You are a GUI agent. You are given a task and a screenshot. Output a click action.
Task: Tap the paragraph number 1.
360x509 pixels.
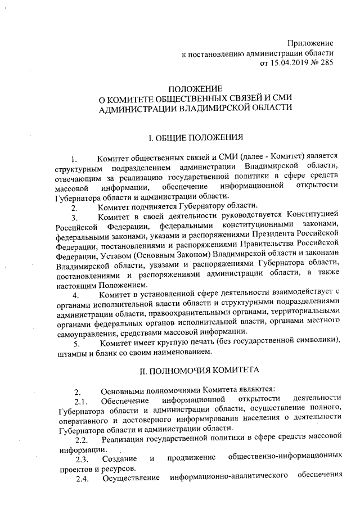click(74, 159)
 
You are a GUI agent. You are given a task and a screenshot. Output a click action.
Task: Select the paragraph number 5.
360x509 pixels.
click(75, 342)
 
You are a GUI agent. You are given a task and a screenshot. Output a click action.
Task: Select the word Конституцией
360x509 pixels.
click(312, 216)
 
